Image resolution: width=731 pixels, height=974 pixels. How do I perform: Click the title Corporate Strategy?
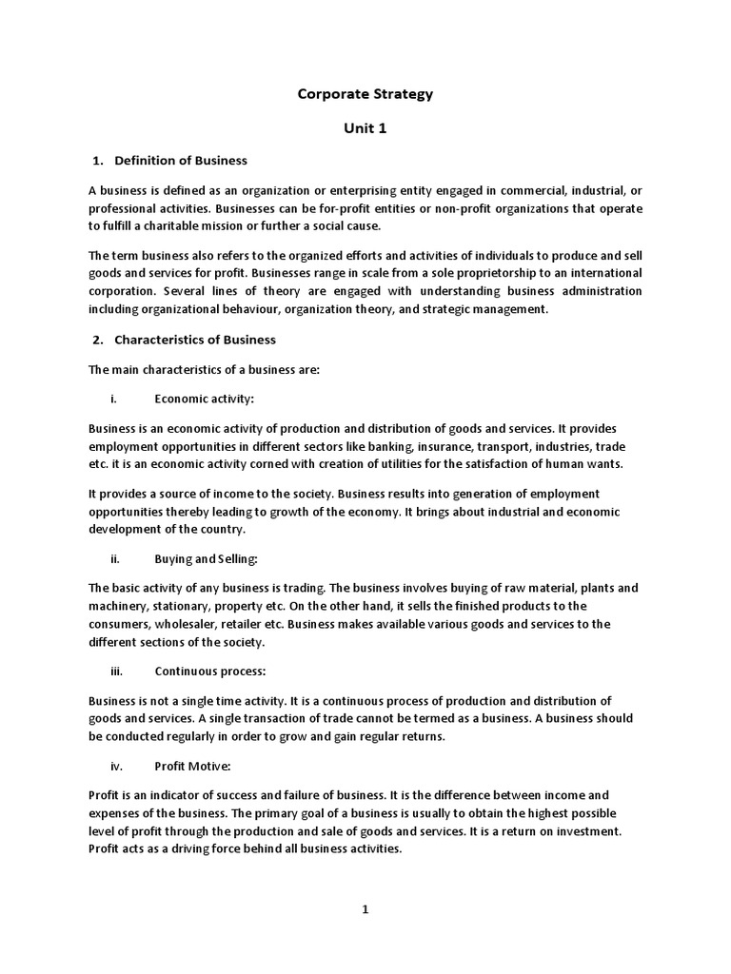(x=365, y=93)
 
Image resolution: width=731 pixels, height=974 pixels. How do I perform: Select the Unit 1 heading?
(x=365, y=127)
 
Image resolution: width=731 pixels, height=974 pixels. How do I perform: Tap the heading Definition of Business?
(x=180, y=160)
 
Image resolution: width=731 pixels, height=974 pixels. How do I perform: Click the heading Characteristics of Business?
(x=194, y=340)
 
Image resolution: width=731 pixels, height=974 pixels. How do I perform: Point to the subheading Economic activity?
(x=204, y=399)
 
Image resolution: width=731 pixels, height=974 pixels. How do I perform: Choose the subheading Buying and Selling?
(x=206, y=559)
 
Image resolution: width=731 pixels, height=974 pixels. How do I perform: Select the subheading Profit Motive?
(x=193, y=765)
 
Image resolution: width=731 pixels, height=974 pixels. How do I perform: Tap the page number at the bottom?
(x=365, y=909)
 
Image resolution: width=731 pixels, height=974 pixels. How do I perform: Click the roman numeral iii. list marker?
(x=117, y=671)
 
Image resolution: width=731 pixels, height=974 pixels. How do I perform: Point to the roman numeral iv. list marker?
(x=117, y=765)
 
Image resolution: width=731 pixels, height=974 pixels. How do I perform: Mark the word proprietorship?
(x=514, y=273)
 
